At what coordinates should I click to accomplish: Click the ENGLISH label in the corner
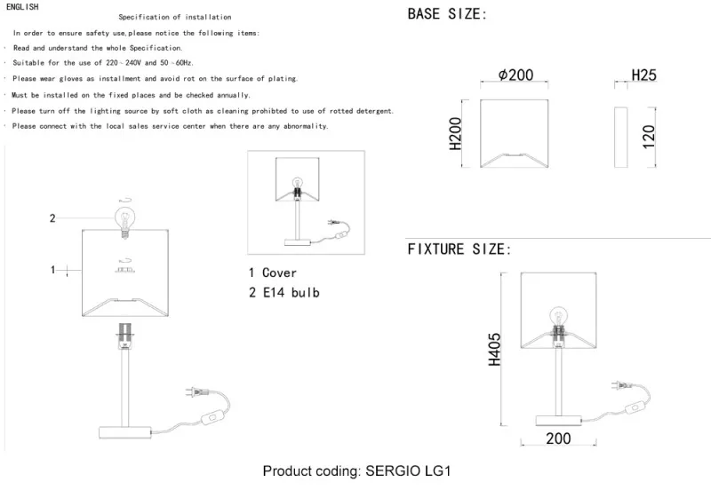click(22, 7)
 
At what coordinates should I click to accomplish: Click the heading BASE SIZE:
click(447, 14)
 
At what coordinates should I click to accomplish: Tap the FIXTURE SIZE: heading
click(459, 249)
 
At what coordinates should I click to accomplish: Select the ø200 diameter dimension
click(515, 75)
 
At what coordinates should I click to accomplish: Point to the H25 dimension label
click(643, 75)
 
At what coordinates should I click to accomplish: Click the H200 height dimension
click(455, 133)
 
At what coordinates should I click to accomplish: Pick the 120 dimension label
click(649, 137)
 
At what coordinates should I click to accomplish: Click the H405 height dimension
click(494, 349)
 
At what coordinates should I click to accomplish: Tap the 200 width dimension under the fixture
click(558, 439)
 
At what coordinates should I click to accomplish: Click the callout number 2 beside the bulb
click(52, 218)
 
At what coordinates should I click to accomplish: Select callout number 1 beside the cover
click(52, 270)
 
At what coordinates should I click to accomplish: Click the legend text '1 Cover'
click(273, 273)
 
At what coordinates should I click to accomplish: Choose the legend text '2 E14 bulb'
click(284, 293)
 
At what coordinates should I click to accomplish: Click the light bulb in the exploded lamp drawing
click(125, 221)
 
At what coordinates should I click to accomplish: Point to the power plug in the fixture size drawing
click(620, 385)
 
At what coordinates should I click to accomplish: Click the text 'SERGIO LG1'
click(408, 471)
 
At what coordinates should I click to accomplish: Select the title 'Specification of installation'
click(175, 17)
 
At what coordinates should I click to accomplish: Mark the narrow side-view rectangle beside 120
click(620, 138)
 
